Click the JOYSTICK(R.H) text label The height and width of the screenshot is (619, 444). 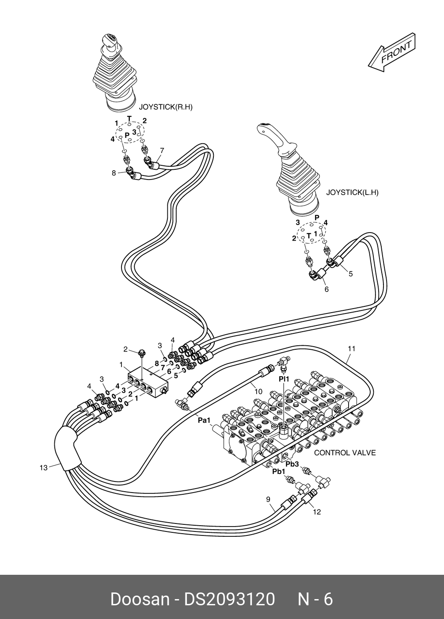click(x=165, y=107)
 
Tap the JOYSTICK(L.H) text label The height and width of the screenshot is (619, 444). click(x=353, y=192)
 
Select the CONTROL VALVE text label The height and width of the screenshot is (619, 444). click(x=345, y=453)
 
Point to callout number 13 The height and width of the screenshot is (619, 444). click(x=44, y=468)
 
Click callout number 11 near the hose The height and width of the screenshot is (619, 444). click(x=351, y=349)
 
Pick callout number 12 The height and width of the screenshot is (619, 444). click(x=317, y=512)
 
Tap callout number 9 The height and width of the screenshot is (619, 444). click(x=268, y=499)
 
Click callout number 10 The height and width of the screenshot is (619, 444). click(x=258, y=392)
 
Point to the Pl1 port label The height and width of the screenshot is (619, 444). click(x=284, y=379)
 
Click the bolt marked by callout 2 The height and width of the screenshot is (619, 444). click(x=142, y=352)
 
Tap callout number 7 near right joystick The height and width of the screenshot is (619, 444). click(x=162, y=151)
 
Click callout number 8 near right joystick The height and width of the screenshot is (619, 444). click(x=114, y=173)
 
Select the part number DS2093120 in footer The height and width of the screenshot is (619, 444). click(x=229, y=597)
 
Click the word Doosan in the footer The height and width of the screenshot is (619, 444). click(x=140, y=597)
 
